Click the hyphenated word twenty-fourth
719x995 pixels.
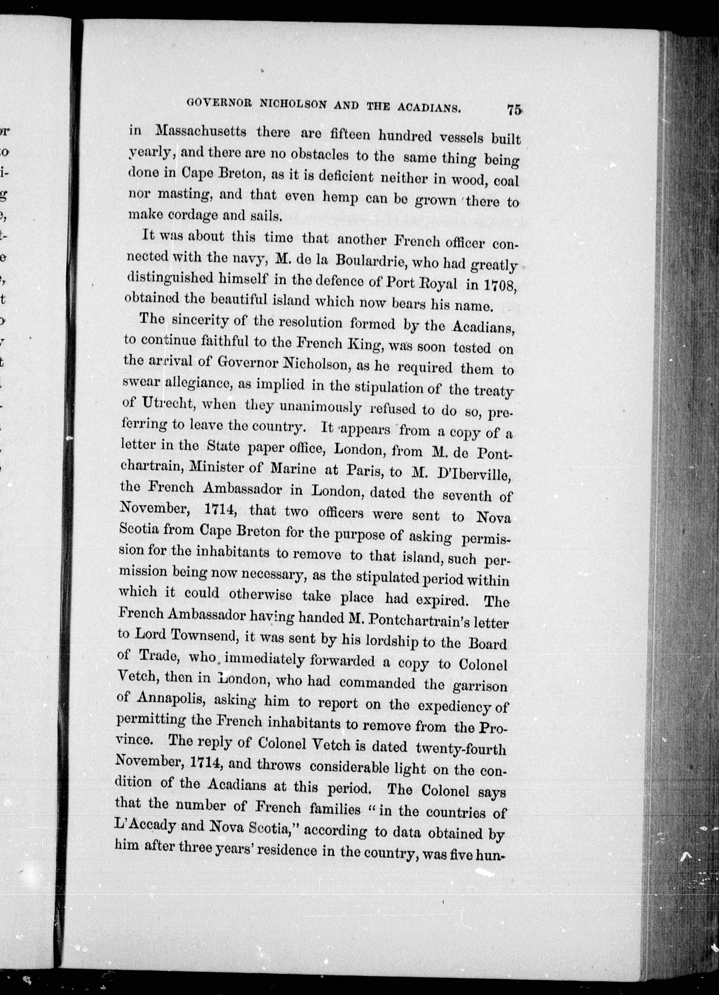461,748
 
